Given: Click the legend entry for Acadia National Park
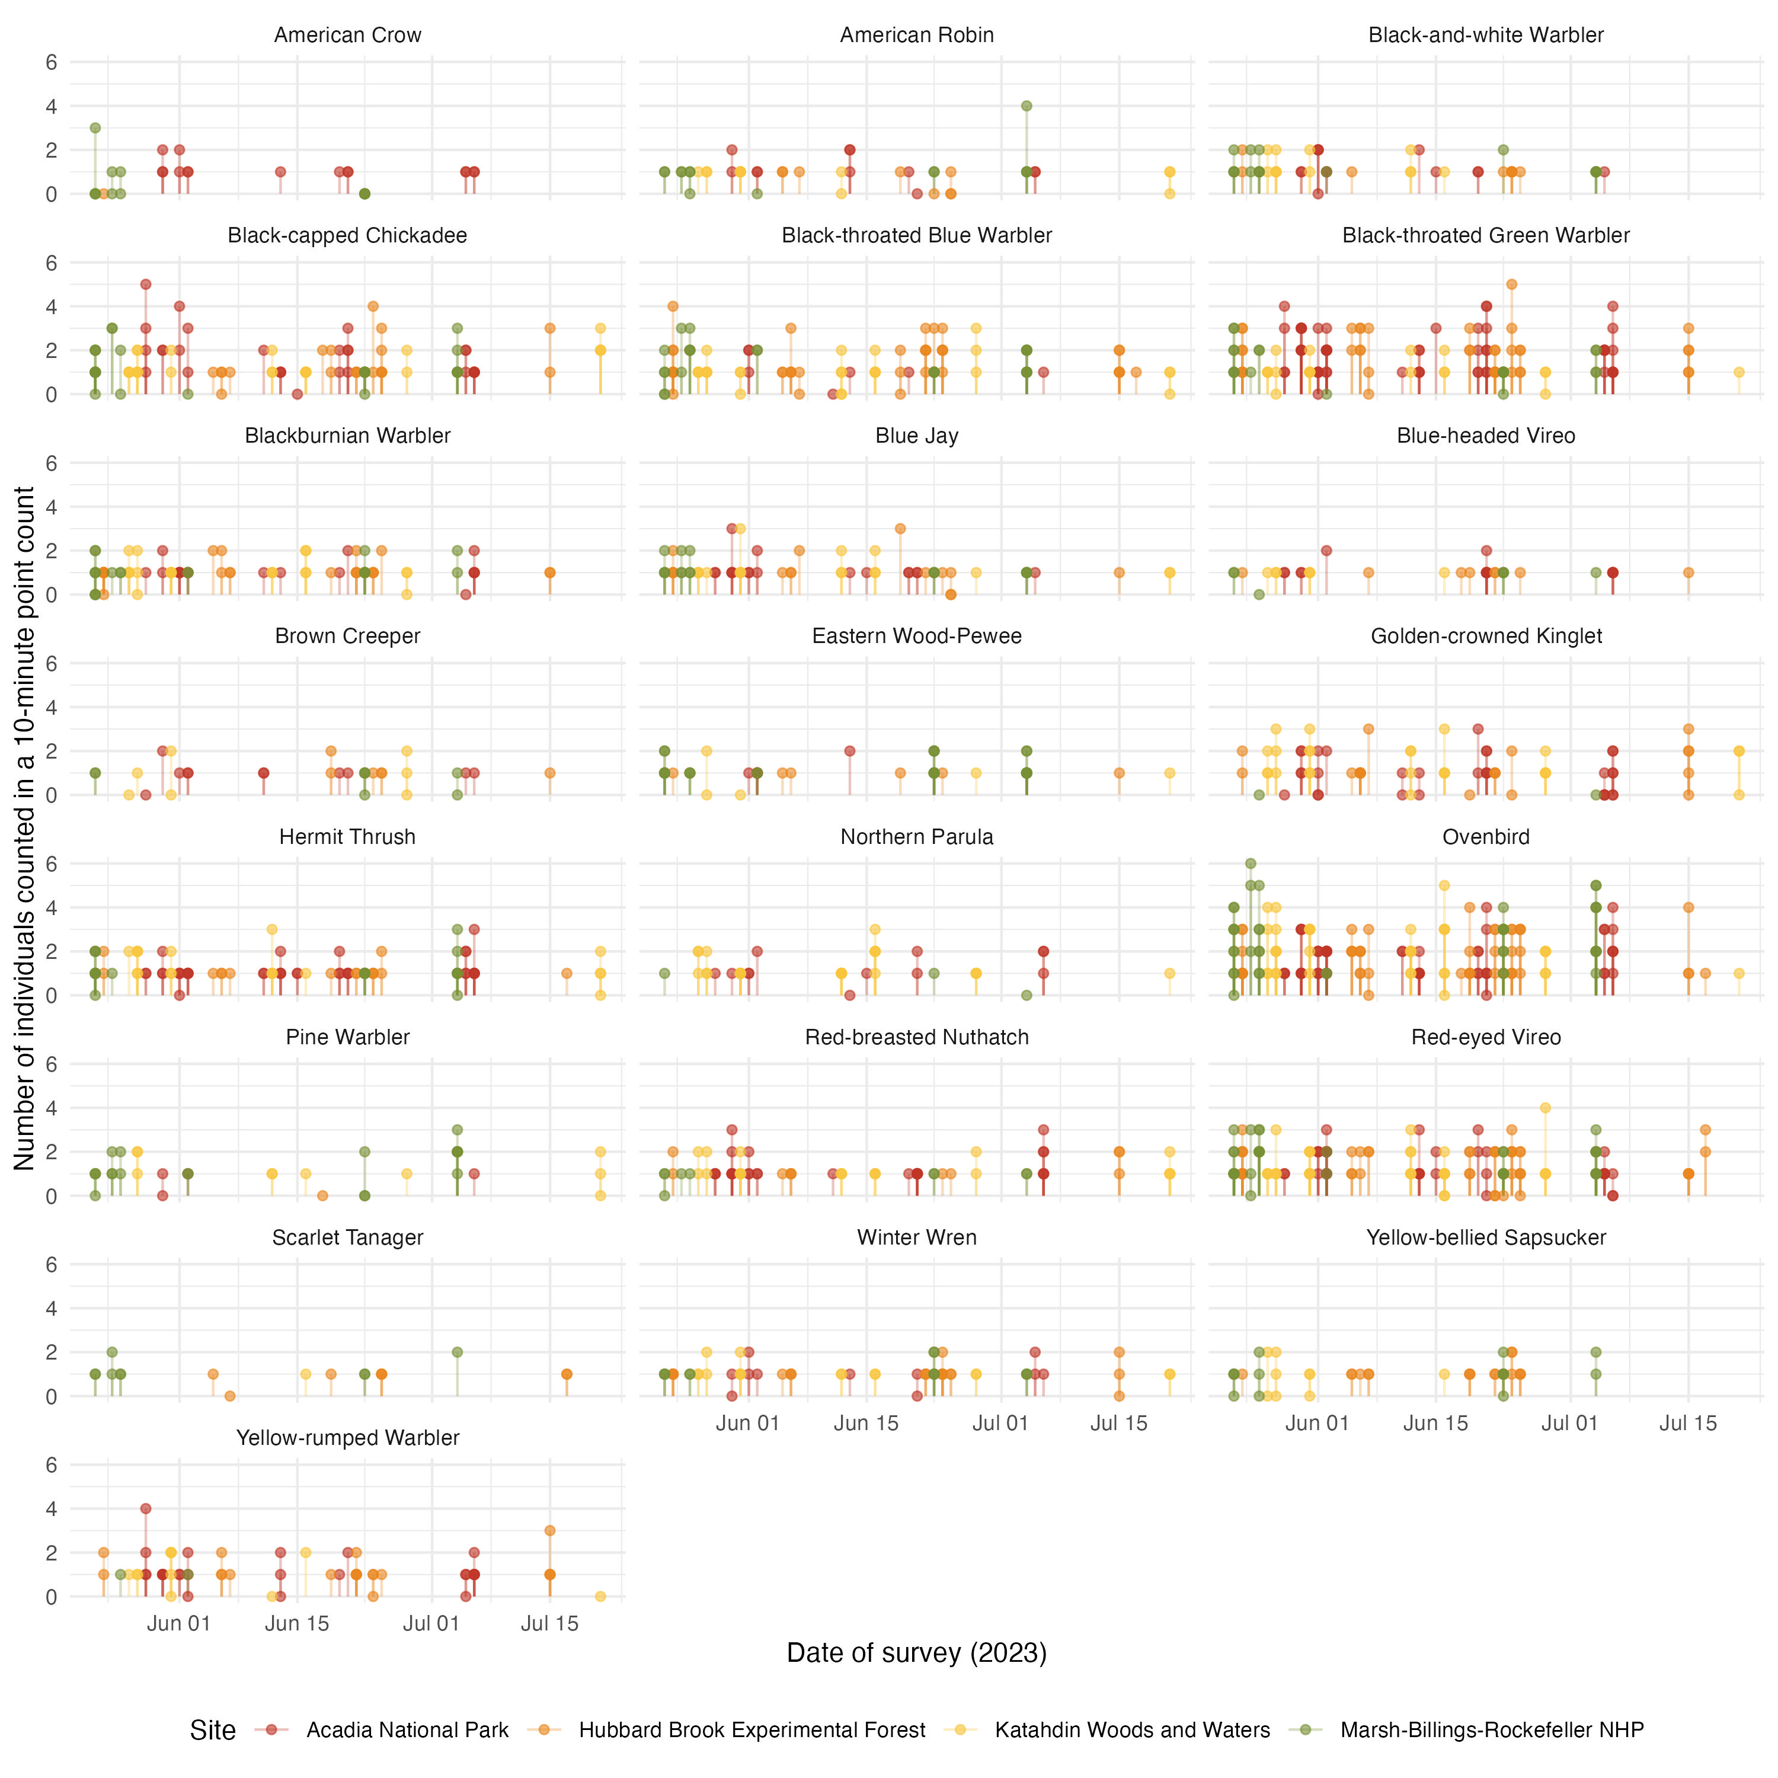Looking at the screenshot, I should pos(407,1730).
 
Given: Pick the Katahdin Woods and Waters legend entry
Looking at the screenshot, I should pos(1132,1730).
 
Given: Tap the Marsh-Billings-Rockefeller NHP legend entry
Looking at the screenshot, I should pos(1491,1730).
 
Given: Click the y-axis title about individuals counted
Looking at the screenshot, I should pos(25,829).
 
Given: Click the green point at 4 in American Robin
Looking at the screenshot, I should pos(1026,106).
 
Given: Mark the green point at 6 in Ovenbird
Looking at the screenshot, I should pos(1251,864).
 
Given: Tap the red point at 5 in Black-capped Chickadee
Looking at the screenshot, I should pos(145,284).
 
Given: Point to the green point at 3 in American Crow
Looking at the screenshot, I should pos(95,128).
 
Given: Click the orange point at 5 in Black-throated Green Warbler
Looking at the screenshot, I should pos(1511,284).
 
